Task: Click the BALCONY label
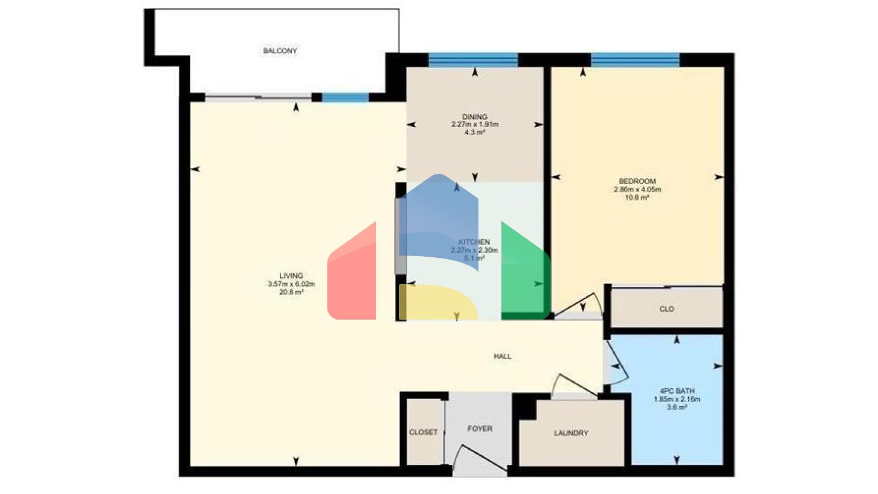point(280,51)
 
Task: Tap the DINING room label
point(474,117)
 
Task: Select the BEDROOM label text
point(637,181)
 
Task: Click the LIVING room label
point(291,276)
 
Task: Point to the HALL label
point(502,356)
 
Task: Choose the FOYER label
point(480,428)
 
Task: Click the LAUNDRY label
point(570,433)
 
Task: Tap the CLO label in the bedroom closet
point(667,309)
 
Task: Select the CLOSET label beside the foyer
point(423,432)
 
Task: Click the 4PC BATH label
point(677,391)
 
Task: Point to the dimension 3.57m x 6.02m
point(291,284)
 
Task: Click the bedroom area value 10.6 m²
point(637,197)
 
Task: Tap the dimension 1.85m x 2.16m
point(677,399)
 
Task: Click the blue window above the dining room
point(473,59)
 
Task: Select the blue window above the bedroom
point(634,59)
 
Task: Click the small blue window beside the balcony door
point(345,97)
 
